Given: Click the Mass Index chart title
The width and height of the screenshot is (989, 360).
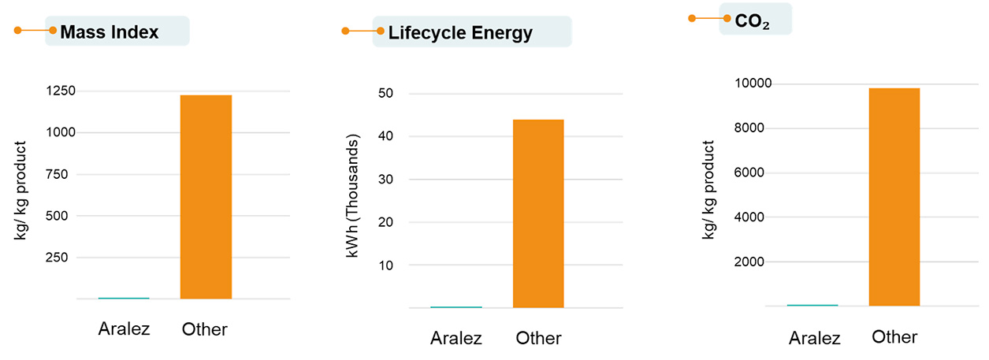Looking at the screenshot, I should coord(110,32).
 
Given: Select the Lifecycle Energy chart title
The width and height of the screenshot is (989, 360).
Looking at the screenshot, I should coord(460,33).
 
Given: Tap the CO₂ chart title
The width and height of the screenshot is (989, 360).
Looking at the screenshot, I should coord(752,21).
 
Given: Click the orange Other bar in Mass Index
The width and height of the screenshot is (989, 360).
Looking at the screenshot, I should coord(206,197).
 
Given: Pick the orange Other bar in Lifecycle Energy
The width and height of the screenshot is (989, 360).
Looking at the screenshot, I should coord(538,213).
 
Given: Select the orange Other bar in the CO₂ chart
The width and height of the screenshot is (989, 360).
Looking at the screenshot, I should coord(894,197).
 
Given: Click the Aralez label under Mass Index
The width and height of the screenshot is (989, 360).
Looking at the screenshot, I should coord(124,328).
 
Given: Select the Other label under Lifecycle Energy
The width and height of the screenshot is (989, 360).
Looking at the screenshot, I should coord(538,338).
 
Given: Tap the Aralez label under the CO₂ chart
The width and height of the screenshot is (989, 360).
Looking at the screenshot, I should coord(815,338).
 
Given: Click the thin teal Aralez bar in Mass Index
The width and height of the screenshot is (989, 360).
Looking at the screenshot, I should coord(124,298).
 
